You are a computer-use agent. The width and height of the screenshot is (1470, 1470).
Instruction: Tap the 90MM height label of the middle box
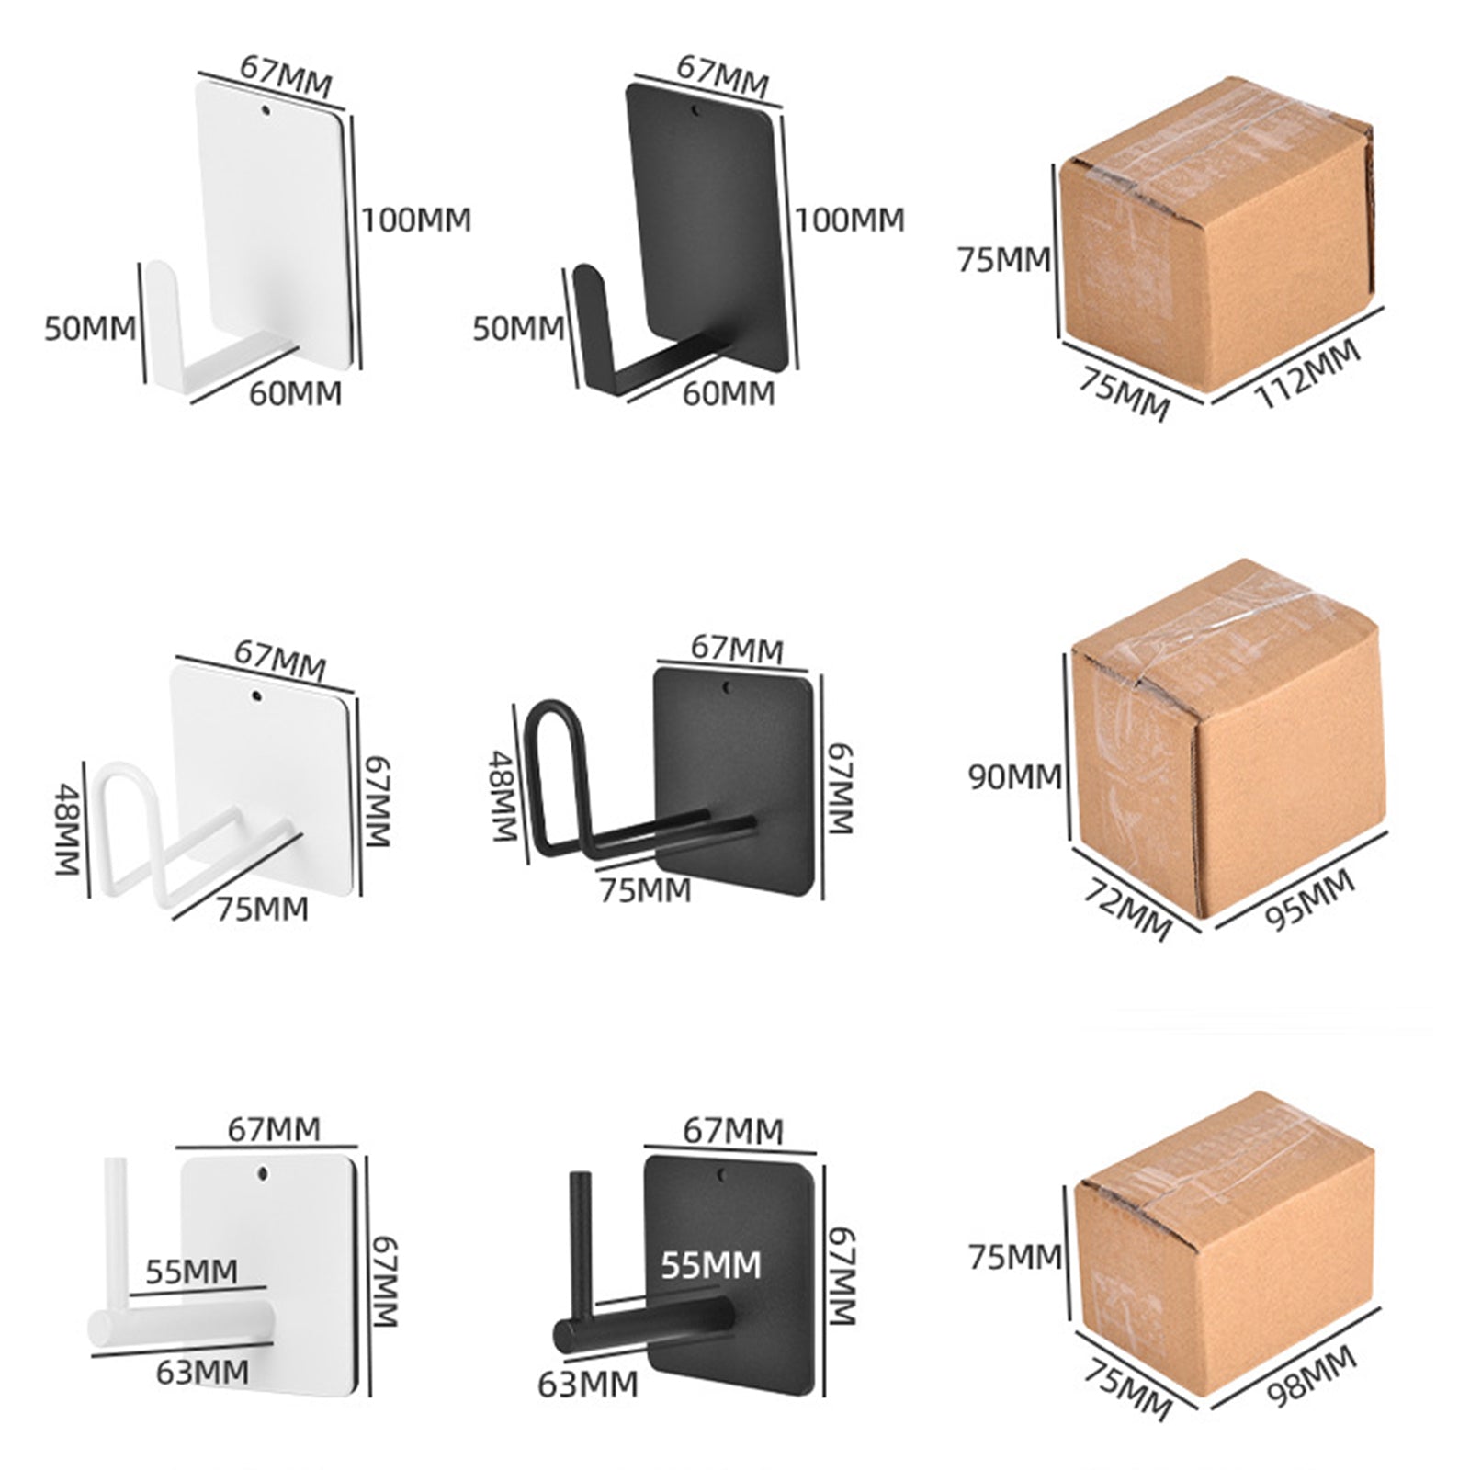pos(1013,777)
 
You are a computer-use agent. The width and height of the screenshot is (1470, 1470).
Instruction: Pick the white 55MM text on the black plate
pos(711,1264)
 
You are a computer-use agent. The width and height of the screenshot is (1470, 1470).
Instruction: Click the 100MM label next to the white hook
pos(415,220)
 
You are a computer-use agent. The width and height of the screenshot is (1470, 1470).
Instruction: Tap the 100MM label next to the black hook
pos(849,220)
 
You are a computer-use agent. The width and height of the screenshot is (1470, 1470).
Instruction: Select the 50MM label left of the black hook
pos(518,328)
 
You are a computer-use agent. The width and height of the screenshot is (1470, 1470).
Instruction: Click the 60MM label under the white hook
pos(295,393)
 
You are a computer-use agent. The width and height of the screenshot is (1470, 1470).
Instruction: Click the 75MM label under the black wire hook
pos(645,890)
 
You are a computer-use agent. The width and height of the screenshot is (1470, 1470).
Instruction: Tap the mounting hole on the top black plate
pos(695,111)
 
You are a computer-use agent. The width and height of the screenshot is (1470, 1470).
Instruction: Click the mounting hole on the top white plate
pos(266,111)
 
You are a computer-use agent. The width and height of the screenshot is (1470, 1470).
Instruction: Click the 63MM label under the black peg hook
pos(587,1384)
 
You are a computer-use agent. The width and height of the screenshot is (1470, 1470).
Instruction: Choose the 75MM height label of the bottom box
pos(1014,1256)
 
